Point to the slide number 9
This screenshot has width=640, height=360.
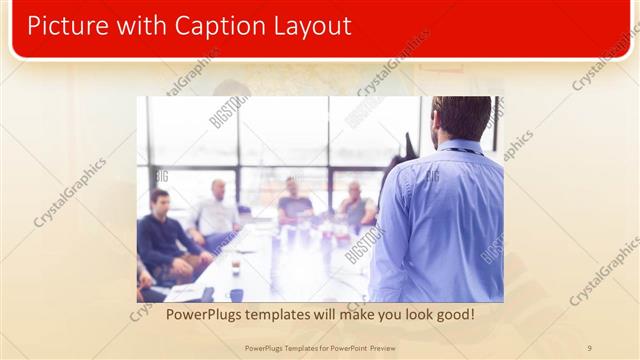589,347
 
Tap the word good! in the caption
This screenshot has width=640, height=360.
452,315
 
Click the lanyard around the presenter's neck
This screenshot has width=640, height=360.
464,151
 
